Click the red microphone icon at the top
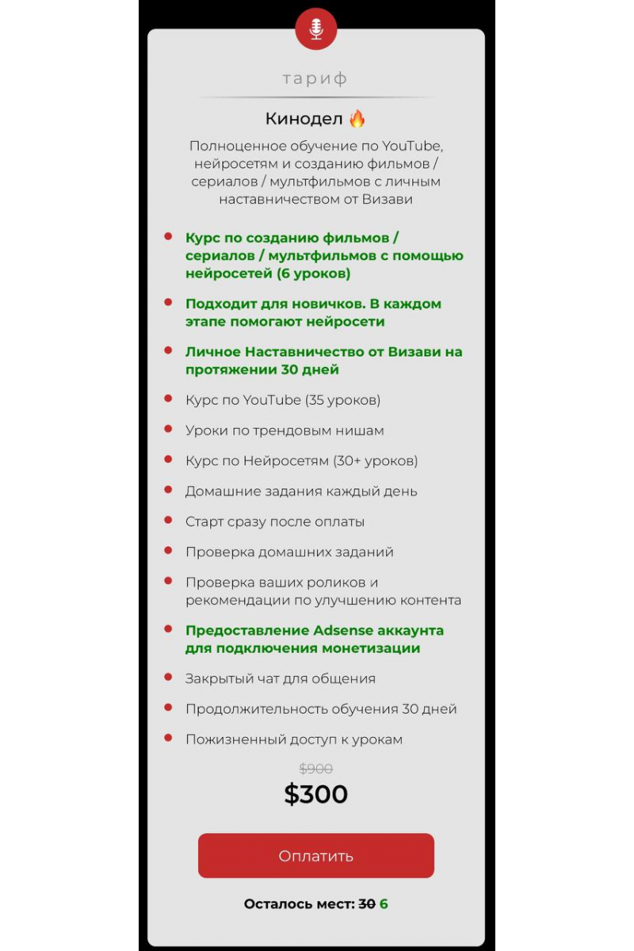click(316, 29)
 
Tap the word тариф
click(315, 78)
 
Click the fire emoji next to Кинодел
click(357, 119)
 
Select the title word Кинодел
click(304, 119)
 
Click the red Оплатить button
click(315, 856)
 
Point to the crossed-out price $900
click(315, 769)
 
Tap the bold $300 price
click(315, 794)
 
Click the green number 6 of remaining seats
click(384, 904)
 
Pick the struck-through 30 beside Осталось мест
click(366, 904)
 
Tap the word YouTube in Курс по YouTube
click(272, 400)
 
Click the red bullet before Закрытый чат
click(168, 678)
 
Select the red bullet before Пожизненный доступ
click(168, 738)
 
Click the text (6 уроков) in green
click(314, 273)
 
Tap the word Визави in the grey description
click(388, 200)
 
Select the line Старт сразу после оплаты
click(274, 521)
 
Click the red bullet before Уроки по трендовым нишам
click(168, 429)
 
